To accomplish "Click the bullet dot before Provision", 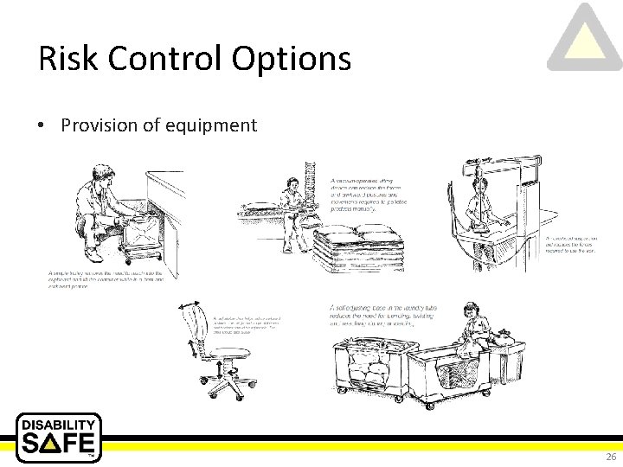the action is coord(42,126).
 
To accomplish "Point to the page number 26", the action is coord(611,457).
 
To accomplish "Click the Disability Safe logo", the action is coord(59,438).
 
